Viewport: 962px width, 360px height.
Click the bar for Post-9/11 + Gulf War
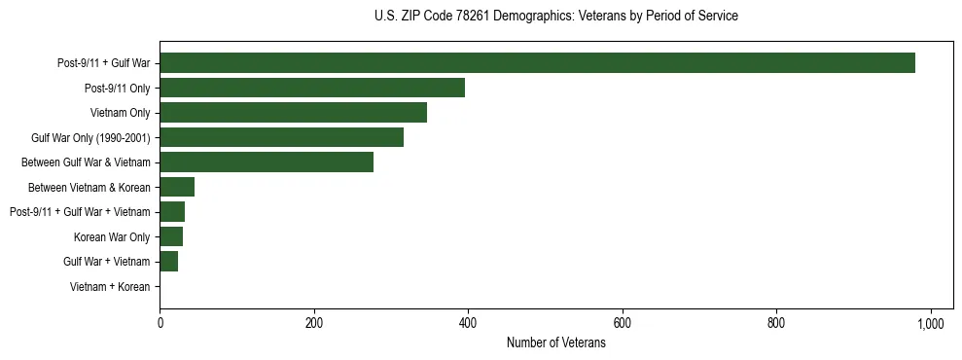[x=537, y=63]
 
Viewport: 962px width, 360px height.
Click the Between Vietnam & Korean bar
[x=177, y=187]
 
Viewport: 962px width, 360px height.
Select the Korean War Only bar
[x=171, y=236]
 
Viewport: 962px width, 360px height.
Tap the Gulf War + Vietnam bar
[x=169, y=262]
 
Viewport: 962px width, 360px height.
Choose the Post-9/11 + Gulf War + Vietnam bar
[x=172, y=212]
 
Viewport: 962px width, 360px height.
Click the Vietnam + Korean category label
[x=110, y=287]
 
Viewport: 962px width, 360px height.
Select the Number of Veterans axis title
[x=555, y=342]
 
